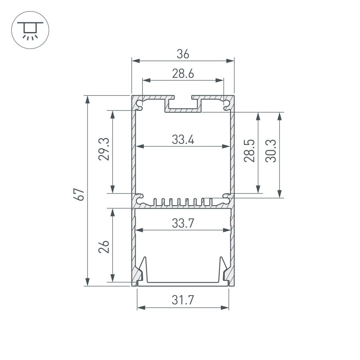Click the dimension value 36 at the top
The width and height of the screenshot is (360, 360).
tap(183, 53)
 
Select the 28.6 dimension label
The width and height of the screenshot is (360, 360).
tap(183, 74)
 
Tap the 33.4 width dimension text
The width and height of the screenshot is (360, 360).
tap(183, 140)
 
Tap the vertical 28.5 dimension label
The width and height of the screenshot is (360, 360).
tap(250, 150)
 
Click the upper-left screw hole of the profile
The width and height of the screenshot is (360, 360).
tap(140, 105)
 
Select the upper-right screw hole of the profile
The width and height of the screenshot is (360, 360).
tap(226, 105)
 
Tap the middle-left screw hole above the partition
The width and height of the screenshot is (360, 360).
tap(140, 197)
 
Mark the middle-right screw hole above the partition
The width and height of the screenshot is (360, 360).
tap(226, 197)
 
